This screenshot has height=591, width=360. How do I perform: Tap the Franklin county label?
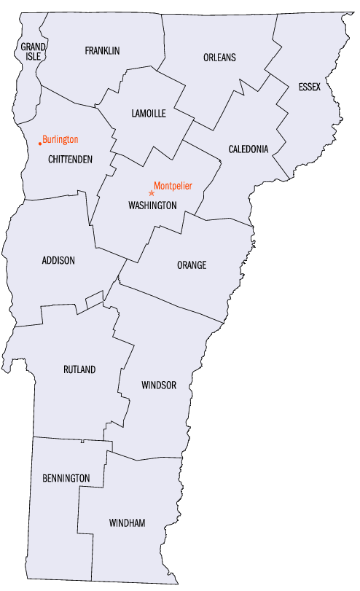pos(102,50)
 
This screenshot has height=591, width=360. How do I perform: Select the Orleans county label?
pos(219,58)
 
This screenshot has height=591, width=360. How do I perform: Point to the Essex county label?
pos(309,87)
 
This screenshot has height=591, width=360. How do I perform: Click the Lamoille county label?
pos(149,114)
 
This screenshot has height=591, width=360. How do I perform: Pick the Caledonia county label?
pos(249,149)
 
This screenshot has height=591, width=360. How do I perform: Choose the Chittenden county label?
pos(70,159)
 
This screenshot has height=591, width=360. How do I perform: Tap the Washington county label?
pos(152,206)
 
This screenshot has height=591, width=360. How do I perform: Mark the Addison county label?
pos(58,260)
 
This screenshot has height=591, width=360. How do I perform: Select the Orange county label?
pos(192,265)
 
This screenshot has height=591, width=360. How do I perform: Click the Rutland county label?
pos(79,369)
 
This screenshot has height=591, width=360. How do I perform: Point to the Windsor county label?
pos(159,385)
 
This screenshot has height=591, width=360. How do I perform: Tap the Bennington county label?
pos(66,478)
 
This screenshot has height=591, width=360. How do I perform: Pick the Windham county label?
pos(127,523)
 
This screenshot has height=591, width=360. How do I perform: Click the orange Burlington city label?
pos(60,139)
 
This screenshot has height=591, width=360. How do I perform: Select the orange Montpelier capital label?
pos(173,186)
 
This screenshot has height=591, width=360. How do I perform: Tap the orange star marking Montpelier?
pos(152,193)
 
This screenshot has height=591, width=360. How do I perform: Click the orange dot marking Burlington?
pos(40,144)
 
